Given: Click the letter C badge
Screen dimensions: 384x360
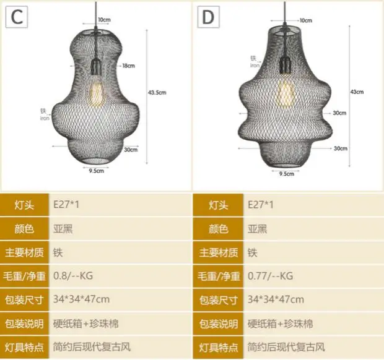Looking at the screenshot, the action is tap(17, 17).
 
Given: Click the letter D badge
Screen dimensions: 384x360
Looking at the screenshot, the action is tap(208, 17).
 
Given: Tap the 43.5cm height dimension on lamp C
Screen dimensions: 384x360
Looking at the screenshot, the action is tap(157, 93).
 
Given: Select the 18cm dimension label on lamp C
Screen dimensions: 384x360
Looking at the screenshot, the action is tap(129, 65).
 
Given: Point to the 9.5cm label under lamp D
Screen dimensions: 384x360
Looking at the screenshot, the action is tap(286, 174).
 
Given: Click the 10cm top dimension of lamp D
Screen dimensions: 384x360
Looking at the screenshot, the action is tap(305, 20).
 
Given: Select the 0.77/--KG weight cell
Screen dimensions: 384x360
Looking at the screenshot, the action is tap(270, 276).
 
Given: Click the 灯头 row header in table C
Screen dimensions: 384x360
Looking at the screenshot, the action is tap(25, 205).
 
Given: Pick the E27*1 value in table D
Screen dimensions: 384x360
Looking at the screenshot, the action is tap(260, 205).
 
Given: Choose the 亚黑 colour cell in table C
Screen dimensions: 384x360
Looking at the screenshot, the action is tap(65, 229).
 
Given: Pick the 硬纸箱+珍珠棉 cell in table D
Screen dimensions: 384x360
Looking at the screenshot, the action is tap(280, 324).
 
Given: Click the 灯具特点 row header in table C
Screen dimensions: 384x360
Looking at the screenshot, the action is tap(25, 347).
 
